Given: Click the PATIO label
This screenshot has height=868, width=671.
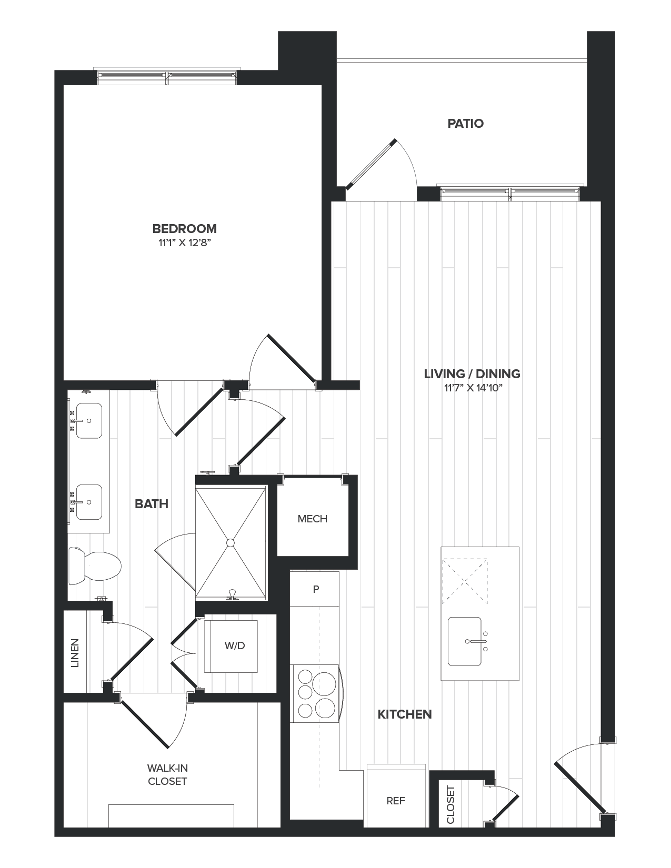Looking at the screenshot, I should pyautogui.click(x=465, y=124).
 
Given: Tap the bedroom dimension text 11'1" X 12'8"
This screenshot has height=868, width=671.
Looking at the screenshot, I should pyautogui.click(x=184, y=243).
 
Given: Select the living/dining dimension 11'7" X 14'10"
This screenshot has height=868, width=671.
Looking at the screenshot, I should pyautogui.click(x=472, y=388).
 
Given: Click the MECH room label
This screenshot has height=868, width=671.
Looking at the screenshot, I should pyautogui.click(x=313, y=519).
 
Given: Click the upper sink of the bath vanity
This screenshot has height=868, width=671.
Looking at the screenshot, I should pyautogui.click(x=89, y=421).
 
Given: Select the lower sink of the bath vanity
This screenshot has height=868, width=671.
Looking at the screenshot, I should pyautogui.click(x=89, y=502).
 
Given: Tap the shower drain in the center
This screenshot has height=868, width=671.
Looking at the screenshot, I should pyautogui.click(x=230, y=542).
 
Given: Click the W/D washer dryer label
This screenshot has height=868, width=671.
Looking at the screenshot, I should pyautogui.click(x=235, y=645).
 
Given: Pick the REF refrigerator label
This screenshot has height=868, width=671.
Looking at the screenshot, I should pyautogui.click(x=396, y=801).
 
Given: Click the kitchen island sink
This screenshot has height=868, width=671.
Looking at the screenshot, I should pyautogui.click(x=465, y=641).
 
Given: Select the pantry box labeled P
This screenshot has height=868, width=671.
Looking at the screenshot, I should pyautogui.click(x=316, y=589).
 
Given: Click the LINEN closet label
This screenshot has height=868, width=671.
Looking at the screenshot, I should pyautogui.click(x=75, y=653).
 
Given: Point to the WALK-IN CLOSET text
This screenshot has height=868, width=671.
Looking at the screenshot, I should pyautogui.click(x=167, y=775).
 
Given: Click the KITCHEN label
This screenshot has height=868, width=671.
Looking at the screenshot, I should pyautogui.click(x=405, y=714).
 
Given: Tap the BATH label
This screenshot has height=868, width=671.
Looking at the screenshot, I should pyautogui.click(x=152, y=504).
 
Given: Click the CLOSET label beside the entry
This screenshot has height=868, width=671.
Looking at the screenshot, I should pyautogui.click(x=450, y=804).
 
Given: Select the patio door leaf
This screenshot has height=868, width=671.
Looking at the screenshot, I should pyautogui.click(x=371, y=163).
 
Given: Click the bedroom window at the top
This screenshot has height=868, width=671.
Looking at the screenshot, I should pyautogui.click(x=167, y=77).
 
